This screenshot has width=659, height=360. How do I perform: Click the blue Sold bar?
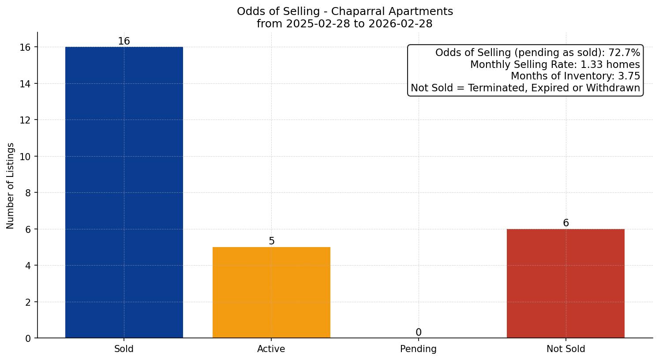(124, 192)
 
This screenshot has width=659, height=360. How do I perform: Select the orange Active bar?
(271, 292)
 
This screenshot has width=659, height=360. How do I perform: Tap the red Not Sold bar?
(565, 283)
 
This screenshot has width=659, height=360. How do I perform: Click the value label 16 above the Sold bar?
(124, 41)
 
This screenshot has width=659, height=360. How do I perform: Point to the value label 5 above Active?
(272, 241)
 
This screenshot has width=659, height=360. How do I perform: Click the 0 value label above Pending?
(419, 333)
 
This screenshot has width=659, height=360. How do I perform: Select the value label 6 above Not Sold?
(566, 223)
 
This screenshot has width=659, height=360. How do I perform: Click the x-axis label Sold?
(124, 349)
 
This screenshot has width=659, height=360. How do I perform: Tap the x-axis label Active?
(271, 349)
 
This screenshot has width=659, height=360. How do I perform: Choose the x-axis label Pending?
(418, 349)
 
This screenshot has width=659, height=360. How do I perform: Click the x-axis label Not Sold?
(565, 349)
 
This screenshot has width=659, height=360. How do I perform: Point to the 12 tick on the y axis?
(26, 120)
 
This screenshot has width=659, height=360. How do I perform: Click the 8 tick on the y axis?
(28, 193)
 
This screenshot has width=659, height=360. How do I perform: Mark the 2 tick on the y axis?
(28, 302)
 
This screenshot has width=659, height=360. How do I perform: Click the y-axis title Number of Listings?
(11, 185)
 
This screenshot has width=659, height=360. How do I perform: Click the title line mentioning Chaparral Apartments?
(345, 11)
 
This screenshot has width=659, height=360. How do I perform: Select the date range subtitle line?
(345, 24)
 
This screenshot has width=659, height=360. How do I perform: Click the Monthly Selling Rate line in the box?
(555, 64)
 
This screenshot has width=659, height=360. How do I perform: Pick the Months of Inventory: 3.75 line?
(575, 76)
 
